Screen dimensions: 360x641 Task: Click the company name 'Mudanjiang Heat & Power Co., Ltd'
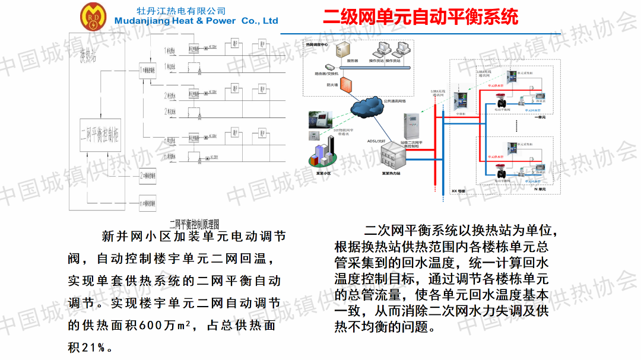(196, 21)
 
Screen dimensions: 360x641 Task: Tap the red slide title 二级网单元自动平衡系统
(420, 16)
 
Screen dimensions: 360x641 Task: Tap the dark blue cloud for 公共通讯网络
(369, 107)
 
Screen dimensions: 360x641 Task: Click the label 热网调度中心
(317, 44)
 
